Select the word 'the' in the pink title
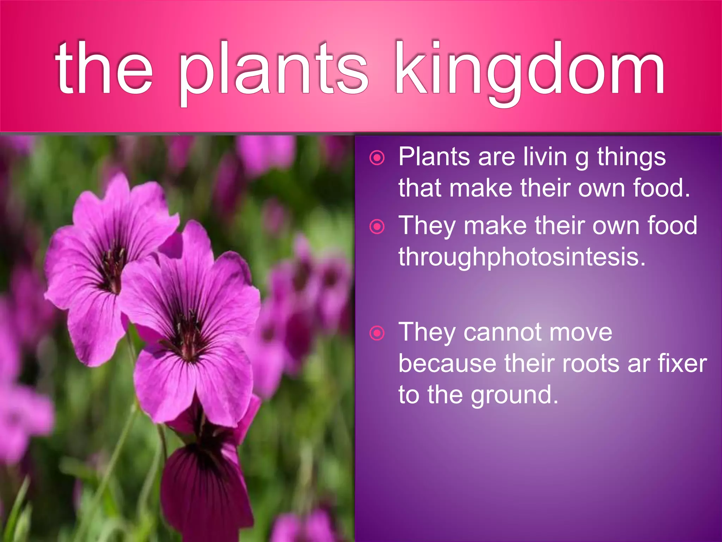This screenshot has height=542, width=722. (104, 69)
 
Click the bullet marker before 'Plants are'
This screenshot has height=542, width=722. (377, 157)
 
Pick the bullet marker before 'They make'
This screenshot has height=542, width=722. (377, 226)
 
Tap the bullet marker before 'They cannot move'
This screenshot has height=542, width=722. (377, 333)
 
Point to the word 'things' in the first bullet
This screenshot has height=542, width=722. (631, 157)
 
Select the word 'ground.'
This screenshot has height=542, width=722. (515, 395)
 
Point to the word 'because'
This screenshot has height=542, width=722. (447, 363)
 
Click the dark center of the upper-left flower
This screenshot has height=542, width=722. (113, 268)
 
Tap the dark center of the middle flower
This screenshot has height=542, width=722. (189, 335)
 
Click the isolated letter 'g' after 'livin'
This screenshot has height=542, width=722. (582, 159)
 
